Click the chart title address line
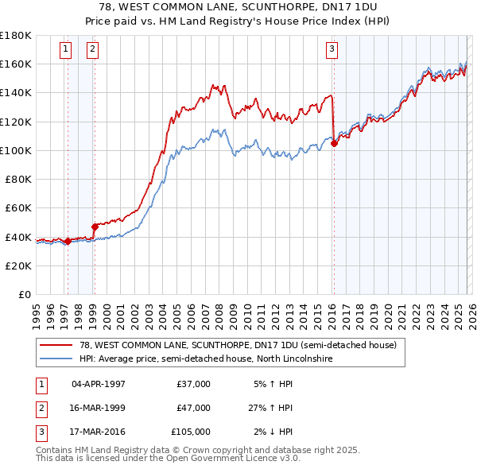(x=238, y=7)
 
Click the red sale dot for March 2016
(x=334, y=143)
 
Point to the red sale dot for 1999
(x=95, y=227)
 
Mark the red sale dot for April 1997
(x=68, y=241)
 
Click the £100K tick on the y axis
(x=17, y=150)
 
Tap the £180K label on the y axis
(x=17, y=36)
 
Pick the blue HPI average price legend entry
(x=204, y=359)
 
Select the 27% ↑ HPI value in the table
(x=273, y=408)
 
